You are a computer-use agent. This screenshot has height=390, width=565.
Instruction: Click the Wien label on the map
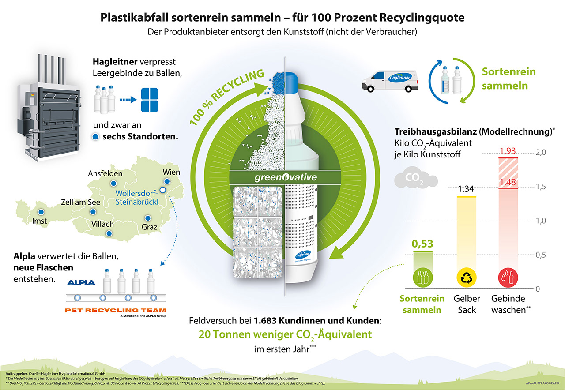click(171, 172)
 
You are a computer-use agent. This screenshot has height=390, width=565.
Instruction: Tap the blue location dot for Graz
click(147, 218)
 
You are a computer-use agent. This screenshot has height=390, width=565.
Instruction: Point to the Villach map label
click(102, 224)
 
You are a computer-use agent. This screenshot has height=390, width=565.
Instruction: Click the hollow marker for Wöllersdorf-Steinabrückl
click(162, 190)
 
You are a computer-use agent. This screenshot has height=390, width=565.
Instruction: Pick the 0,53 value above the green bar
click(422, 244)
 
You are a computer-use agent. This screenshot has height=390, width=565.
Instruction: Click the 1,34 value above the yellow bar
click(466, 189)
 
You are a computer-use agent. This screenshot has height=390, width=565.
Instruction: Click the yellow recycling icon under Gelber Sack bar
click(466, 277)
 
